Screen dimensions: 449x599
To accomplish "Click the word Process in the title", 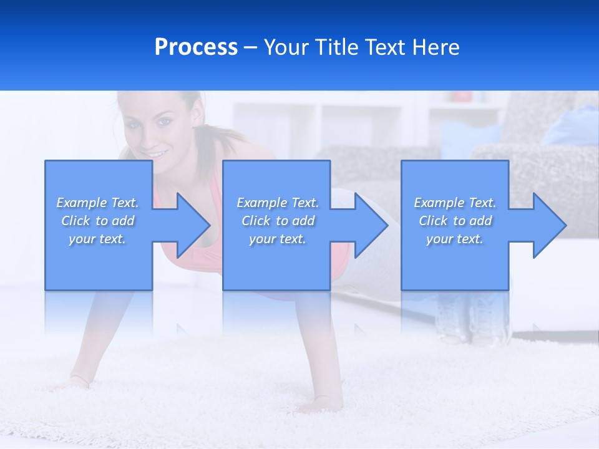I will [196, 47].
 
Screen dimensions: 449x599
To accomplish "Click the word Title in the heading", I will [334, 47].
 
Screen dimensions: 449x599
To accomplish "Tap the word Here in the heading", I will [436, 47].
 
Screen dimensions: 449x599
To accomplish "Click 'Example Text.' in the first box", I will [97, 203].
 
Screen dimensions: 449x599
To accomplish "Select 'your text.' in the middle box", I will [277, 239].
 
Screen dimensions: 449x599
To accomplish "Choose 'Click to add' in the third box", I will [455, 221].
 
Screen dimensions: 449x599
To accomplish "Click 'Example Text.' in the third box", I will [455, 203].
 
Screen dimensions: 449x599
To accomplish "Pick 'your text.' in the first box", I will [97, 239].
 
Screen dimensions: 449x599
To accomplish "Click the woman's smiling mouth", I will [158, 153].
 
